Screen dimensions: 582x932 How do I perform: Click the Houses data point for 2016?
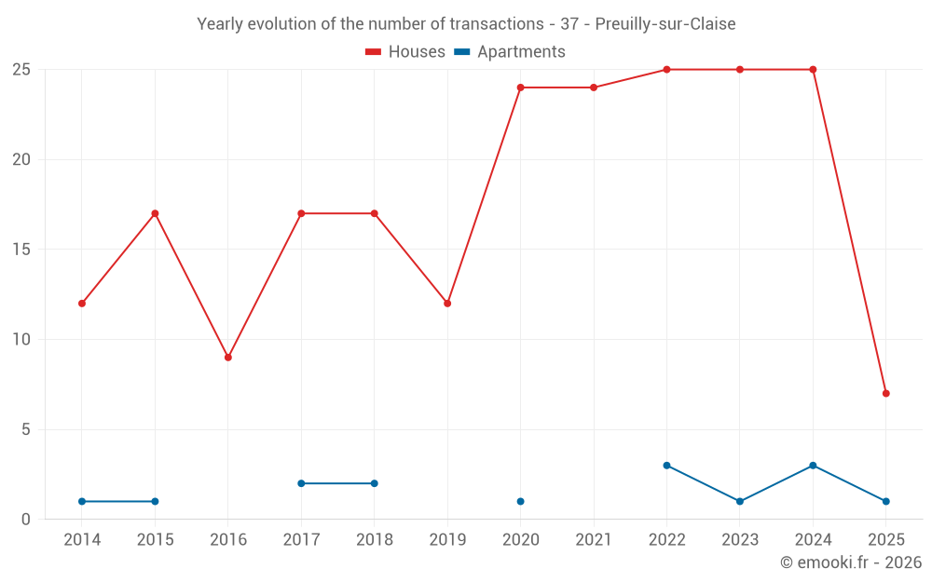tap(227, 358)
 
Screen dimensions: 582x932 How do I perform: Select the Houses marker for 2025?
tap(885, 393)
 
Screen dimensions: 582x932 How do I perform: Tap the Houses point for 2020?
tap(520, 88)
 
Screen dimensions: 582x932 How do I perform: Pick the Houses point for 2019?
tap(447, 304)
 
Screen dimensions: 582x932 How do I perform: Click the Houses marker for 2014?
tap(82, 304)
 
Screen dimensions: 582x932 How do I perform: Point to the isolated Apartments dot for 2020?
tap(520, 502)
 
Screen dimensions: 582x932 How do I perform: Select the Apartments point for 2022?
tap(666, 466)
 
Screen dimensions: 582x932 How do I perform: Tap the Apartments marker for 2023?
tap(740, 502)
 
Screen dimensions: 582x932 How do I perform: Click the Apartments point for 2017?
tap(301, 483)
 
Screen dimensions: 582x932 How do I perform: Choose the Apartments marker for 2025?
tap(885, 502)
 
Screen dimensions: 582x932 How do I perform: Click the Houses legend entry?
tap(405, 52)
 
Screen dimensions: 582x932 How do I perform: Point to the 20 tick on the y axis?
tap(21, 159)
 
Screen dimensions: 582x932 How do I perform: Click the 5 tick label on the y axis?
tap(26, 429)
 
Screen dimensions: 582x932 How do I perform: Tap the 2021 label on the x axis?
tap(594, 540)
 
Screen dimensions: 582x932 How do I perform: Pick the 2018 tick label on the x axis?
tap(375, 540)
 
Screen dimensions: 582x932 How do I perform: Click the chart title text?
tap(466, 23)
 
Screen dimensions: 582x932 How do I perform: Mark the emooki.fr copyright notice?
tap(850, 562)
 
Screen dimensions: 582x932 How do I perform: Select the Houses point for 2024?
tap(813, 70)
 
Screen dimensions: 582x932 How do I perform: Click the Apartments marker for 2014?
tap(82, 502)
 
